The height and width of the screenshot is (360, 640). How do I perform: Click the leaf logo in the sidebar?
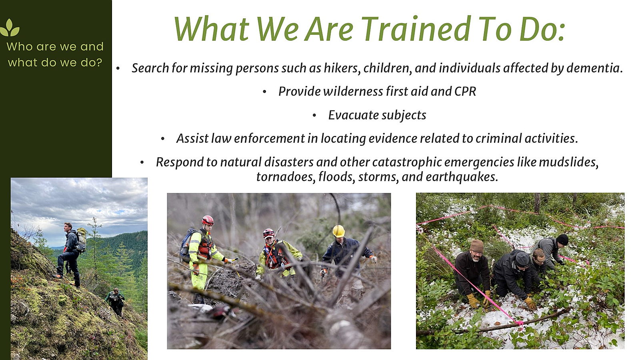click(x=10, y=28)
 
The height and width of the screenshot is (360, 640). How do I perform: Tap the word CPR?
click(x=465, y=92)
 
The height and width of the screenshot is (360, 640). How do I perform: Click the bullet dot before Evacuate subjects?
click(x=314, y=116)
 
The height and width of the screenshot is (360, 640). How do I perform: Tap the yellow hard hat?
click(x=338, y=231)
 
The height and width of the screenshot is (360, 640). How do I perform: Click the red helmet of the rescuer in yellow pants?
click(x=208, y=220)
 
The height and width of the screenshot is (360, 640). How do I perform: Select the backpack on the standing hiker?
click(x=81, y=240)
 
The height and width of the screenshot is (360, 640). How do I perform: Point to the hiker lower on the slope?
click(x=115, y=302)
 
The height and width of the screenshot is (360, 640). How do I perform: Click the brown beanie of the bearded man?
click(x=476, y=246)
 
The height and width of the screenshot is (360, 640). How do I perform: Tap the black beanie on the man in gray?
click(x=562, y=240)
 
